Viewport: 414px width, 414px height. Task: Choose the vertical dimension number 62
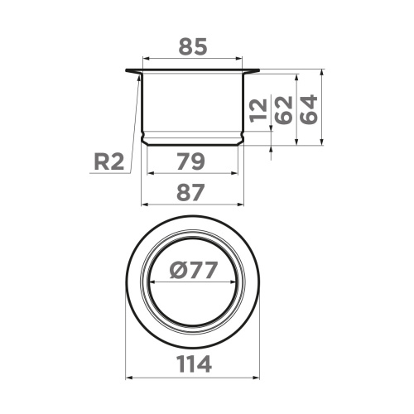283,108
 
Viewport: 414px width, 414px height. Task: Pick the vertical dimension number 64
308,108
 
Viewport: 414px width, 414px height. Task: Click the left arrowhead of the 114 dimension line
128,378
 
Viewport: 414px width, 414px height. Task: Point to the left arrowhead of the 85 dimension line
146,60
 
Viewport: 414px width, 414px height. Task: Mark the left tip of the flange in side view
128,70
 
